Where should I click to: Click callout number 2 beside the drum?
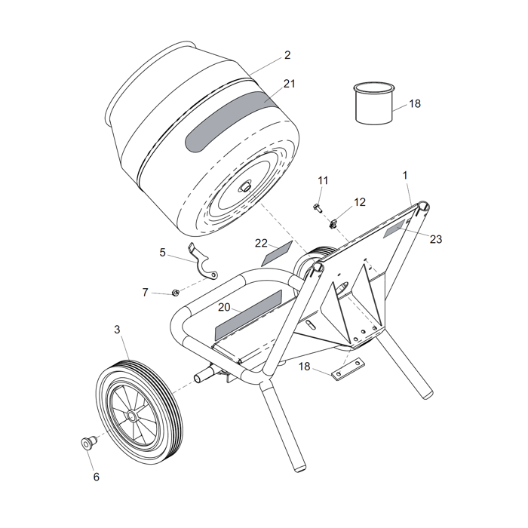click(x=287, y=55)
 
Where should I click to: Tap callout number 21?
click(x=289, y=84)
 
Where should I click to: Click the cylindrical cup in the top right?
click(x=374, y=103)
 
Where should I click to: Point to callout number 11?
click(x=323, y=180)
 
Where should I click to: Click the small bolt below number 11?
click(x=318, y=207)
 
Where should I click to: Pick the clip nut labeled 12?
click(x=333, y=223)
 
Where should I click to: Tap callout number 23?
click(x=436, y=239)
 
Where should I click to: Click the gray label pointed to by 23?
click(x=395, y=229)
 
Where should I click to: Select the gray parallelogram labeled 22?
click(x=277, y=253)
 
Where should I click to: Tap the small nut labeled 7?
click(x=175, y=293)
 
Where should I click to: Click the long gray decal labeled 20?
click(x=248, y=315)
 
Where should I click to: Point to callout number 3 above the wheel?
click(x=117, y=330)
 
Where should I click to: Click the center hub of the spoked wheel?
click(x=132, y=416)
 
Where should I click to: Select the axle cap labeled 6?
click(x=89, y=443)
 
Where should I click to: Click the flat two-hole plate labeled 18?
click(x=348, y=369)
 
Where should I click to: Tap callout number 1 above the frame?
click(x=405, y=176)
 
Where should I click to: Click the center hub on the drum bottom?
click(x=245, y=186)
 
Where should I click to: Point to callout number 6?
click(x=97, y=477)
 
